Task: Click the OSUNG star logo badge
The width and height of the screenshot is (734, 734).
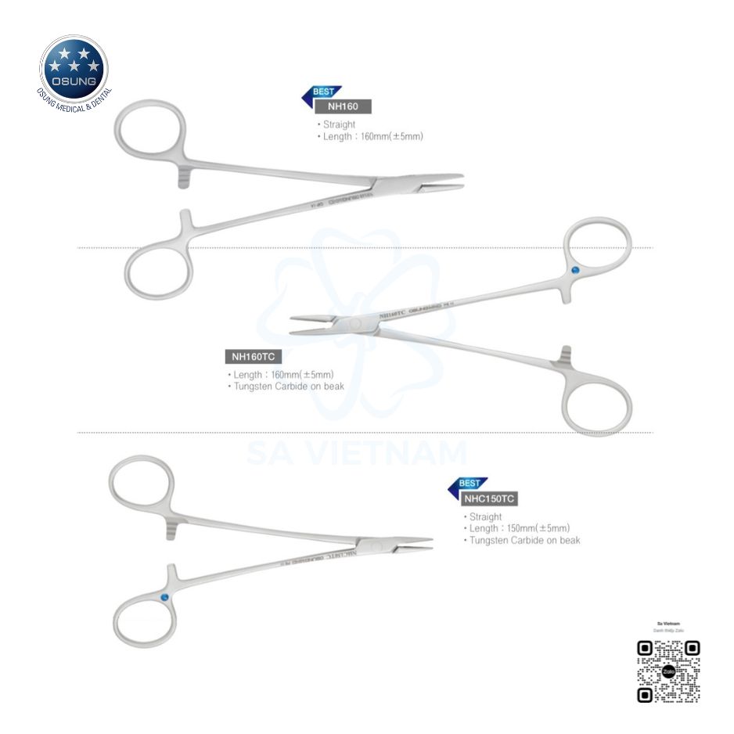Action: point(74,70)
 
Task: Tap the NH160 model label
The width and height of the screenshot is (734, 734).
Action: point(343,107)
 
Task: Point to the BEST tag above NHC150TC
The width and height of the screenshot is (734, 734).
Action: point(470,484)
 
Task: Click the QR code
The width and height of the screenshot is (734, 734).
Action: point(668,671)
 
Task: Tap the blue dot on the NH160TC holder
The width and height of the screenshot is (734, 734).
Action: point(576,271)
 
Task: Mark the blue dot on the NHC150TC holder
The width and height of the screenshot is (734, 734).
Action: point(165,599)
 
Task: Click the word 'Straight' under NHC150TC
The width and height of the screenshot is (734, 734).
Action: point(486,517)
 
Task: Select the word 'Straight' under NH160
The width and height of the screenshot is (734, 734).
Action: point(339,124)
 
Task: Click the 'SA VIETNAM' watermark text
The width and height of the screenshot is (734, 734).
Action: point(357,453)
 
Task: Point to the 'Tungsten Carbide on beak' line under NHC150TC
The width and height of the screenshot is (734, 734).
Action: point(525,540)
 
